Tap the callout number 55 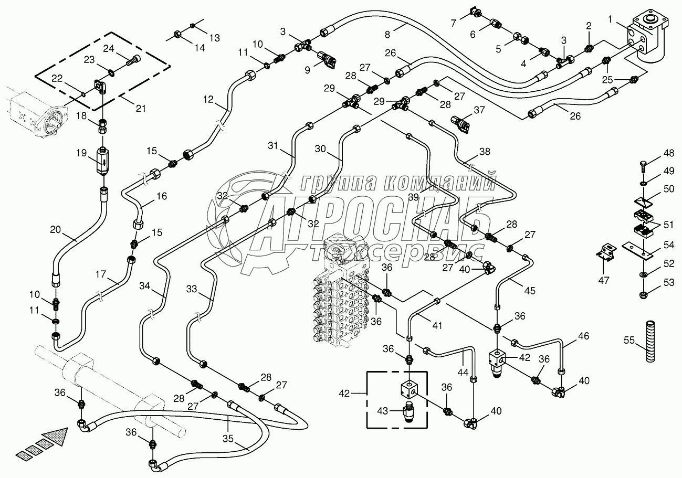[629, 340]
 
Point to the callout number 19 [81, 153]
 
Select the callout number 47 [603, 280]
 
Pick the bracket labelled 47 [605, 252]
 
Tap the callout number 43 [382, 411]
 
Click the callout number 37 [479, 110]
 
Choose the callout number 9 [308, 70]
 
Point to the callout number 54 [668, 245]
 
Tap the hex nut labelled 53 [643, 295]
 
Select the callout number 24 [108, 49]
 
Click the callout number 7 [454, 23]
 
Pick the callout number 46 [583, 336]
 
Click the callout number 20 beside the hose [56, 229]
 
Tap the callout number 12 [208, 100]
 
